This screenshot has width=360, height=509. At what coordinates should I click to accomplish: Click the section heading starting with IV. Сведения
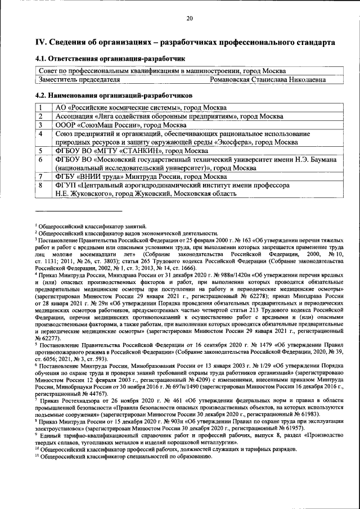180,43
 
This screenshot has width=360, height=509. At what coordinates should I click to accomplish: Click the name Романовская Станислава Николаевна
267,80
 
